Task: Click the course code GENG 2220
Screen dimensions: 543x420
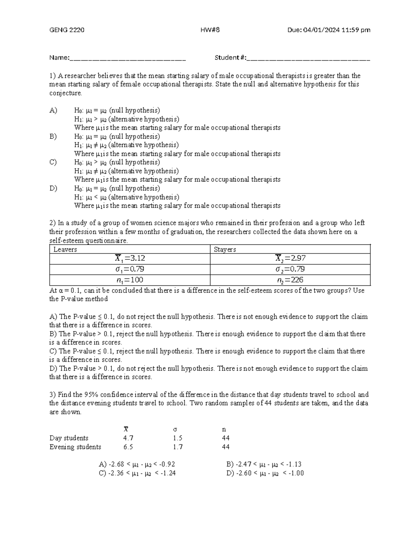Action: [66, 30]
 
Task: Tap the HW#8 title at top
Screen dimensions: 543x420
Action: [210, 30]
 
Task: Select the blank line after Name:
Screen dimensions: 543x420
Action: [128, 58]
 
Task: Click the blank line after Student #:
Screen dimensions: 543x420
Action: [308, 58]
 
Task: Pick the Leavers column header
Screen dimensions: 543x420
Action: [65, 249]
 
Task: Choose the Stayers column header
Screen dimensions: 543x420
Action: [225, 249]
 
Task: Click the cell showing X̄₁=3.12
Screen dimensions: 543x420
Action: [130, 258]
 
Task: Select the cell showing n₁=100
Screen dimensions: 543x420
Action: [130, 280]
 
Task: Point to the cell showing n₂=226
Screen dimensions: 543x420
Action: [290, 280]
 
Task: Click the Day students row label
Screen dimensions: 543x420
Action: [69, 438]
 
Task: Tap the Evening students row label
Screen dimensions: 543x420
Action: [75, 447]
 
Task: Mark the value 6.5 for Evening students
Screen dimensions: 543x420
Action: [128, 447]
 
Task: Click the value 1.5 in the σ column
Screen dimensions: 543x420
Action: [177, 438]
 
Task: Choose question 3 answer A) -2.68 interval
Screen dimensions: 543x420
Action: [137, 464]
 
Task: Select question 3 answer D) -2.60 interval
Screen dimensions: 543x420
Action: [265, 473]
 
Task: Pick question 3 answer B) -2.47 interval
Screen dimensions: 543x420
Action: [264, 464]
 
